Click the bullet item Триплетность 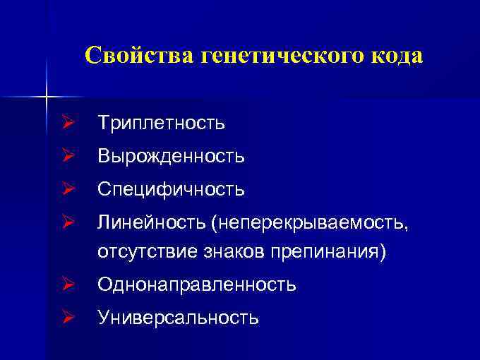point(162,124)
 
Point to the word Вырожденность point(172,156)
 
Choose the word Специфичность point(172,189)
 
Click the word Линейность point(152,223)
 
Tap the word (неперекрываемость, point(309,223)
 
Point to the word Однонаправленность point(197,285)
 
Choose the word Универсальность point(179,318)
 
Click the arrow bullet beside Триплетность point(68,124)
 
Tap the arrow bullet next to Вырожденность point(68,156)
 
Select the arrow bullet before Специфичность point(68,189)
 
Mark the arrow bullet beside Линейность point(68,223)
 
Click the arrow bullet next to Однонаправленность point(68,285)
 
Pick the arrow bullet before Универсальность point(68,318)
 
